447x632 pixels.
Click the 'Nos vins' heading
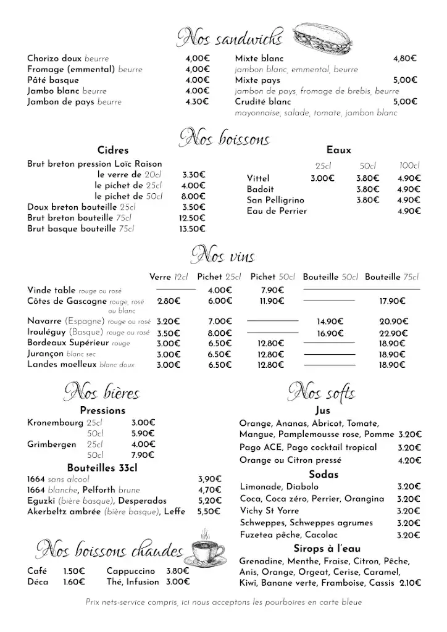(x=223, y=256)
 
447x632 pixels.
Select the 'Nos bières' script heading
(x=102, y=392)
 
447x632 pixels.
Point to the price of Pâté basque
(x=198, y=80)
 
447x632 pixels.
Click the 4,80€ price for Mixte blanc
(x=405, y=59)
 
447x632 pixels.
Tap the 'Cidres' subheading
(x=113, y=150)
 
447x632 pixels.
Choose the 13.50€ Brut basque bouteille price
(x=192, y=229)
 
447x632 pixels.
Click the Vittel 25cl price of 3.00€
(x=322, y=178)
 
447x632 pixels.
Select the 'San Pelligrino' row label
(x=275, y=200)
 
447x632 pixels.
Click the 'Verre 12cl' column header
(x=168, y=277)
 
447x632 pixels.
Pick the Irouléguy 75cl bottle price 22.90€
(x=392, y=333)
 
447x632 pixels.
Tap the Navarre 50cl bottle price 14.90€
(x=330, y=322)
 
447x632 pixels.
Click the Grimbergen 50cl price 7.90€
(x=143, y=455)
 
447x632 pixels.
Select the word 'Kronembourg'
(x=54, y=423)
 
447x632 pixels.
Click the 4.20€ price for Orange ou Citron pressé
(x=409, y=460)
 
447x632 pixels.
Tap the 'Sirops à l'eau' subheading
(x=327, y=549)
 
